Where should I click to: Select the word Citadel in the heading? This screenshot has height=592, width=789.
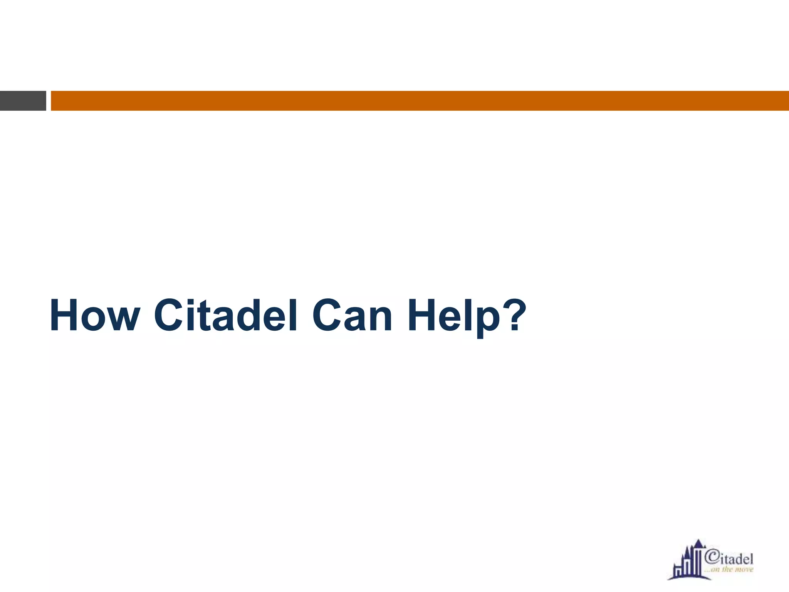pos(225,315)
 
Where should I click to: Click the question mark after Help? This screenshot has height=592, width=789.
pos(512,314)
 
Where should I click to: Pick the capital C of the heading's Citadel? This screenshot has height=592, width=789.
pos(170,315)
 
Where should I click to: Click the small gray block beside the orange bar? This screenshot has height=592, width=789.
pos(23,101)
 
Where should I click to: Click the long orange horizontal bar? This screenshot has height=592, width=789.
pos(420,101)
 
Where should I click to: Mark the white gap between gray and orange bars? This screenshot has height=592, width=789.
pos(49,101)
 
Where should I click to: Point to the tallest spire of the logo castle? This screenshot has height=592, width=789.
pos(698,543)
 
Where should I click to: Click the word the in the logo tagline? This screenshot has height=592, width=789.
pos(727,570)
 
